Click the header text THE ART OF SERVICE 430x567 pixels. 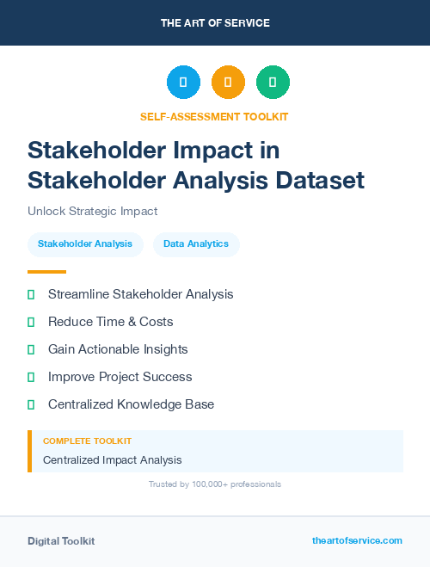pos(215,23)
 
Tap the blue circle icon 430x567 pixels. pos(183,83)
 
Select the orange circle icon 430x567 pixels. pos(228,83)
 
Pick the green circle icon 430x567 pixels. pos(273,83)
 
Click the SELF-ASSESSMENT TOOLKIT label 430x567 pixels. pos(215,116)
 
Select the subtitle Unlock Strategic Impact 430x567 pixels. pos(93,211)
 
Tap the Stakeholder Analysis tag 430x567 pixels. pos(85,244)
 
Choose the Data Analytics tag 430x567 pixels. pos(196,244)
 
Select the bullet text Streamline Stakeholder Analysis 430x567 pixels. pos(140,294)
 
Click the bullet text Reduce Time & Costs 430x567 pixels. pos(110,322)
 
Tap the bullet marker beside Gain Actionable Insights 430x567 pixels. pos(31,349)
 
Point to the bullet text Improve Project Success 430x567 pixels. pos(120,377)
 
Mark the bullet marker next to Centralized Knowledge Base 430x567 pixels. pos(31,404)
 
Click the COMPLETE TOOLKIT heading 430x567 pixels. pos(87,441)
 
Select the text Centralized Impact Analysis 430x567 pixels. pos(112,460)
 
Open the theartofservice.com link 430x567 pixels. pos(357,540)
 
